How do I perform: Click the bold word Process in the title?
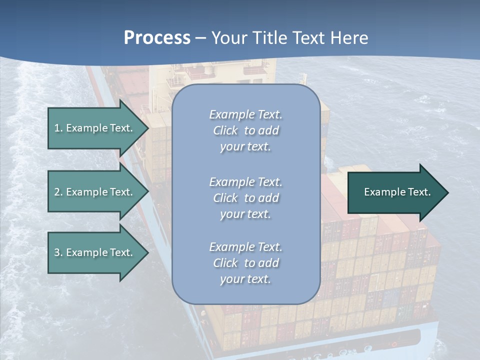pos(157,38)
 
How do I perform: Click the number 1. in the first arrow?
pos(58,128)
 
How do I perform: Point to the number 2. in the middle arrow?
pos(58,192)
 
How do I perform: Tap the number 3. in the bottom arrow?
pos(58,252)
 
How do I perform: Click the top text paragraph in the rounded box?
pos(245,130)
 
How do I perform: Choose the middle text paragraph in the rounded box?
pos(245,198)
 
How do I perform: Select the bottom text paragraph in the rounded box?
pos(245,263)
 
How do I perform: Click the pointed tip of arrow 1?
pos(147,128)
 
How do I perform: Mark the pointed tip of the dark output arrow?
pos(447,192)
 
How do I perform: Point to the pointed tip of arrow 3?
pos(147,252)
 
